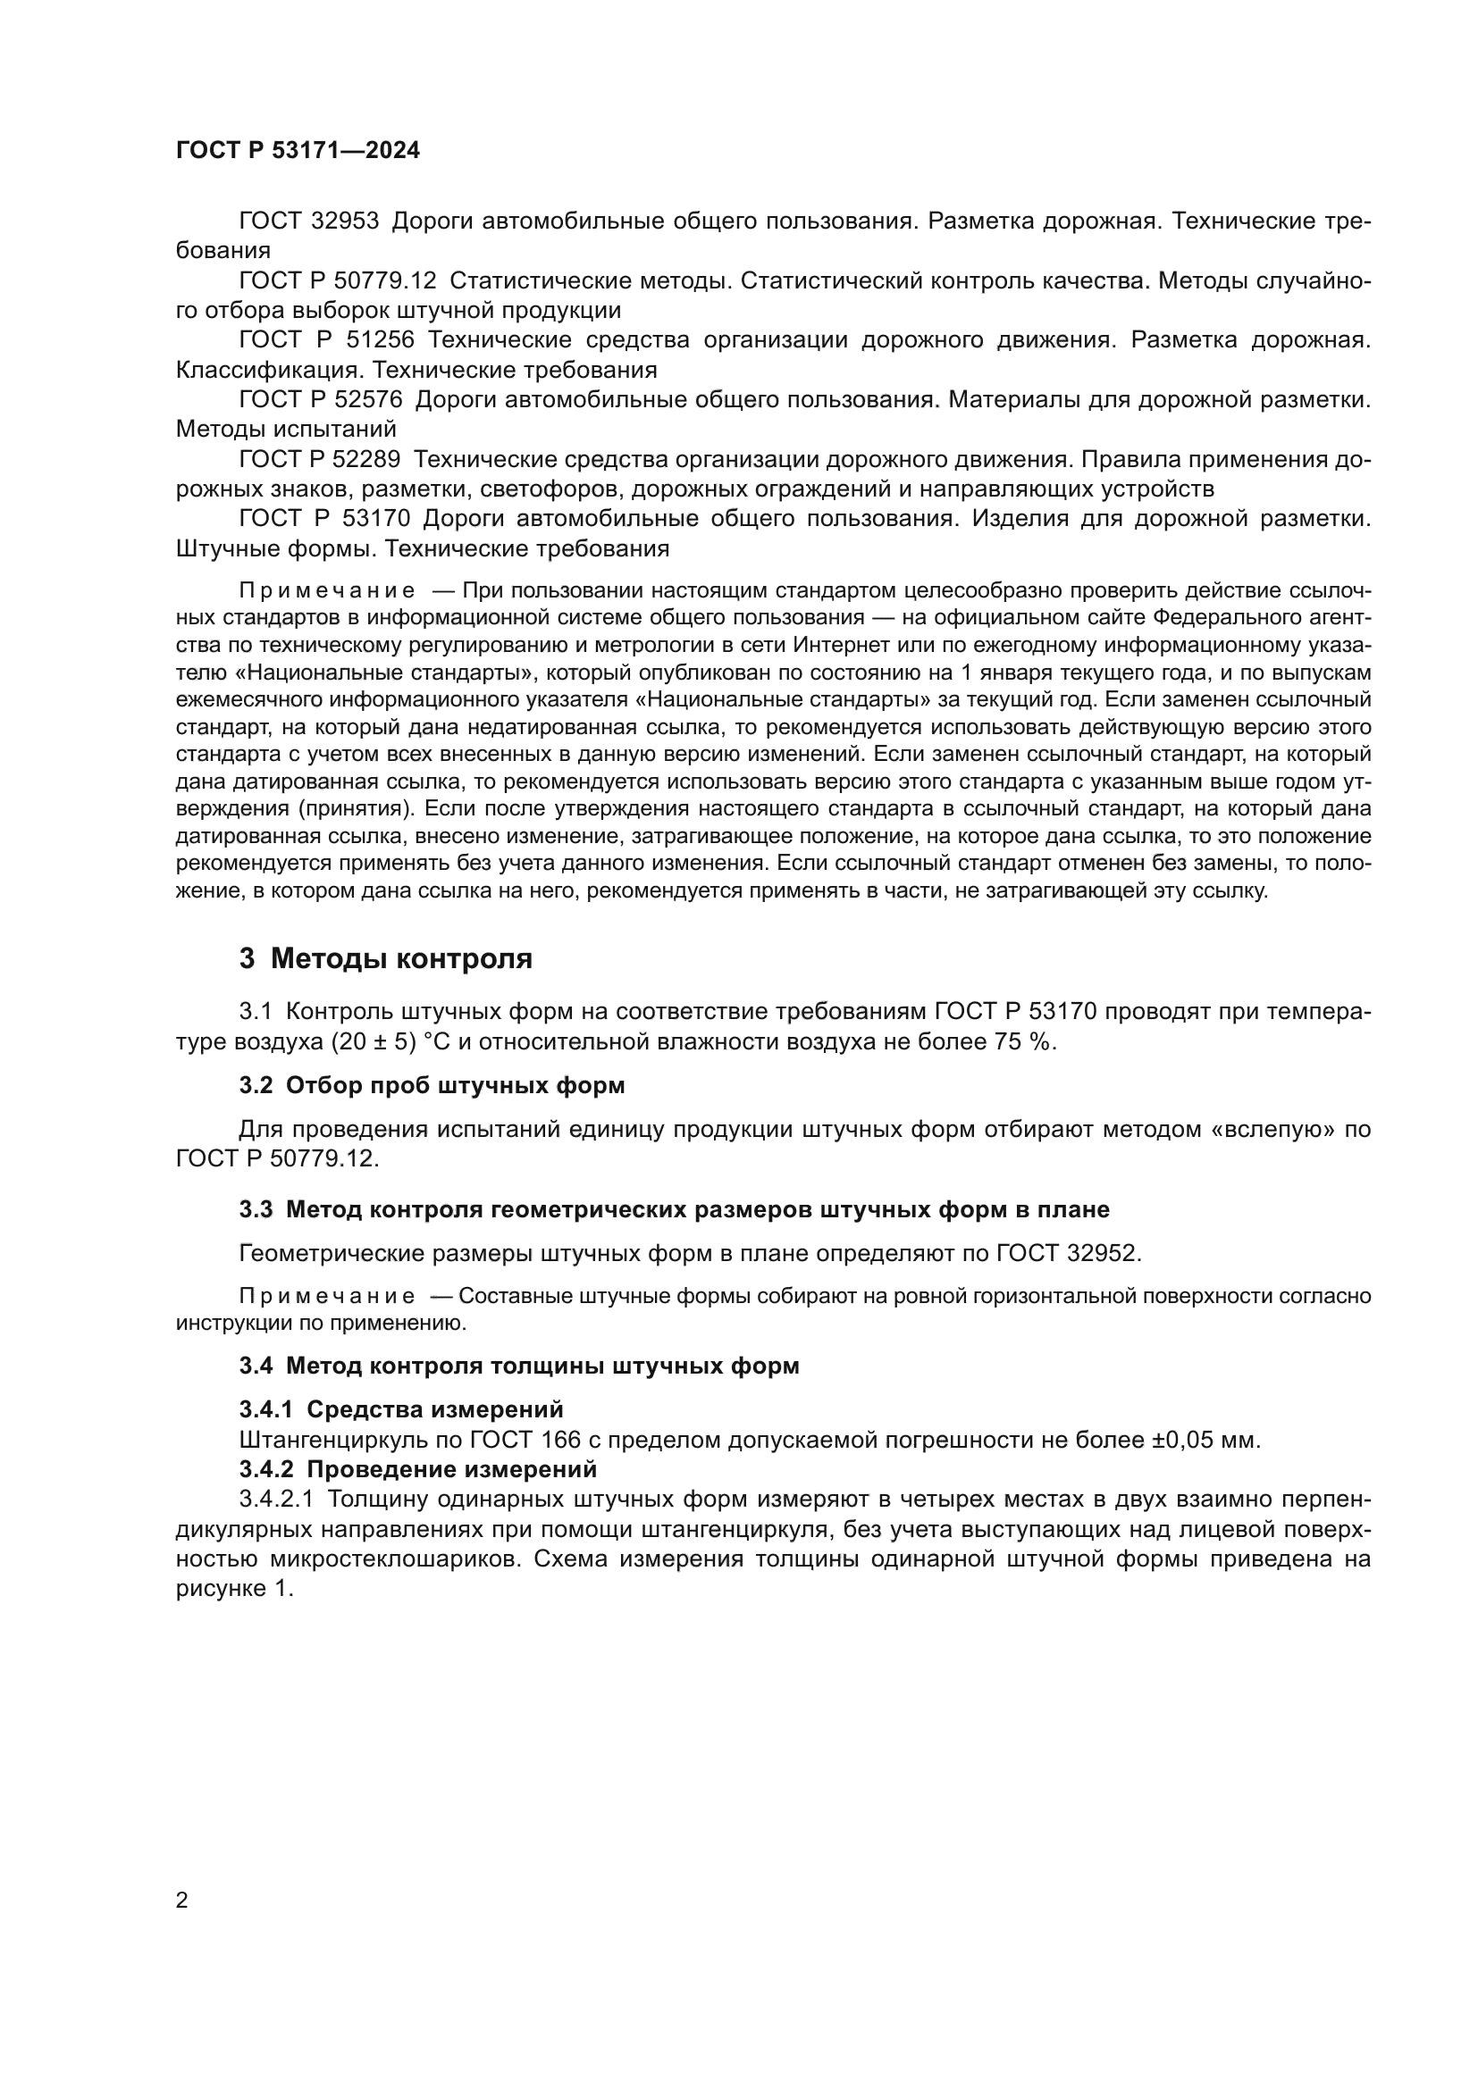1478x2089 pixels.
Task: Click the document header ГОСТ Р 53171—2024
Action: (x=298, y=151)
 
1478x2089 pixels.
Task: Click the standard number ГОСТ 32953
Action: (x=308, y=221)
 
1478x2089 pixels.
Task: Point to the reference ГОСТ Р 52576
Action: (x=321, y=399)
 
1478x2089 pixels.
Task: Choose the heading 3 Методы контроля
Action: (x=386, y=959)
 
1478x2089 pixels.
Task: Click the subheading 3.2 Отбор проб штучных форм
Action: (x=432, y=1085)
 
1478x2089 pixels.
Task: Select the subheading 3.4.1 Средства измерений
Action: (x=401, y=1409)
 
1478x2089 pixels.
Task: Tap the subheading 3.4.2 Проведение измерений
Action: (x=417, y=1468)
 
